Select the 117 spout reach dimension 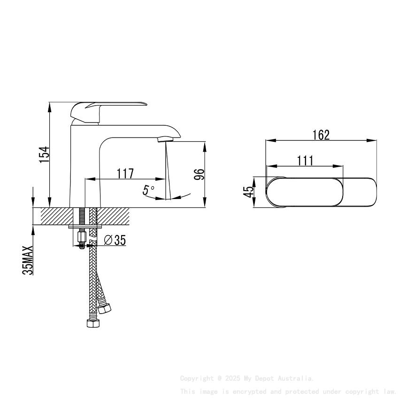pyautogui.click(x=125, y=173)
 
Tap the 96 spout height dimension pyautogui.click(x=199, y=174)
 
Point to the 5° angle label pyautogui.click(x=149, y=190)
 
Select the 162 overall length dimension pyautogui.click(x=321, y=135)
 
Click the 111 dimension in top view pyautogui.click(x=305, y=161)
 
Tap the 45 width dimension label pyautogui.click(x=249, y=192)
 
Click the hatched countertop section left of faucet pyautogui.click(x=56, y=216)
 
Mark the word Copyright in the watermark pyautogui.click(x=197, y=378)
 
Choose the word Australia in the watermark pyautogui.click(x=296, y=378)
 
